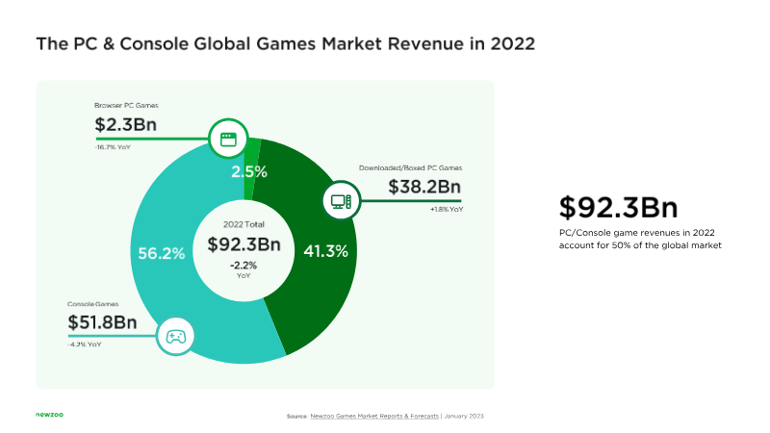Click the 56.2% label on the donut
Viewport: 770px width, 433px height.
[x=162, y=253]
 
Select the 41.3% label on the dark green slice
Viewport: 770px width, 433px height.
[x=325, y=251]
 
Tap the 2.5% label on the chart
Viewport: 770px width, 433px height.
[x=249, y=172]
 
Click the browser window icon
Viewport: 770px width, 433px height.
[x=228, y=140]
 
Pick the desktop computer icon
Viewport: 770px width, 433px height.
[x=341, y=201]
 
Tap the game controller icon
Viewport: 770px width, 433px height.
[x=176, y=337]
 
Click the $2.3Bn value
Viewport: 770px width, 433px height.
[x=126, y=125]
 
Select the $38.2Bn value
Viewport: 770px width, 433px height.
[x=424, y=187]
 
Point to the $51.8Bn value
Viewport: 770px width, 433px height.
[x=102, y=322]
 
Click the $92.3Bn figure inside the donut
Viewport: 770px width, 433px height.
[x=244, y=244]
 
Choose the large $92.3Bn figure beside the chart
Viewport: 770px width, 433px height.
[x=618, y=207]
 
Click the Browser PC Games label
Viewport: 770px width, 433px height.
[x=126, y=106]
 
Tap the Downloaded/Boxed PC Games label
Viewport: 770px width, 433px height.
[x=411, y=167]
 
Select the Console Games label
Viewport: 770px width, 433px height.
[x=92, y=304]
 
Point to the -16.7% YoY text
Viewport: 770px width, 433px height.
[x=113, y=147]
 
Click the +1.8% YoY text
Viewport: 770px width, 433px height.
[x=447, y=210]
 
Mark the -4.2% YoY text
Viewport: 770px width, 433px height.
[x=85, y=344]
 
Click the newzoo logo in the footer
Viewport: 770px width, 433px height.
[x=50, y=415]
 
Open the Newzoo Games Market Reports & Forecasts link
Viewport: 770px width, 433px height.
[x=374, y=417]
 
